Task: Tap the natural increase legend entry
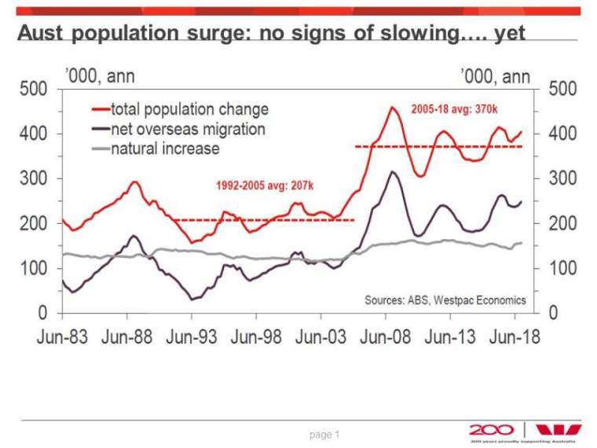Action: click(x=164, y=149)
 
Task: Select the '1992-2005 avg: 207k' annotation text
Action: click(x=264, y=186)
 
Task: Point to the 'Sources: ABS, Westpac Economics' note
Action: click(x=445, y=300)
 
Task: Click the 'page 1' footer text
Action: click(x=324, y=434)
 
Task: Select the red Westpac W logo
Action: click(x=559, y=429)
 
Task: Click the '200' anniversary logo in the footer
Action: click(x=492, y=429)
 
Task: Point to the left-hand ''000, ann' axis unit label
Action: click(x=97, y=76)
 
